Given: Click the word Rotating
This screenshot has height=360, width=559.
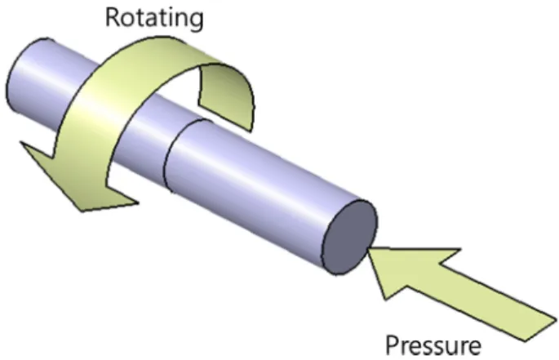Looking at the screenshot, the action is pyautogui.click(x=154, y=18).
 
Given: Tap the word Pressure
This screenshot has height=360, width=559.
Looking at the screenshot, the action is pyautogui.click(x=433, y=344).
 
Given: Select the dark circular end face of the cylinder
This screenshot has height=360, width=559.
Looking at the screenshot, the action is pyautogui.click(x=350, y=238).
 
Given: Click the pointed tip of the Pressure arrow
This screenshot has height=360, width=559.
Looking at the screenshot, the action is pyautogui.click(x=367, y=249).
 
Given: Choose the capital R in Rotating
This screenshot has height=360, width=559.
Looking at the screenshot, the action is pyautogui.click(x=113, y=17).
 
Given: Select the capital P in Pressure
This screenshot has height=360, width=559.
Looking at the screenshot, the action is pyautogui.click(x=393, y=344).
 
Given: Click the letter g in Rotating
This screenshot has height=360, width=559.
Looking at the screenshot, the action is pyautogui.click(x=196, y=21).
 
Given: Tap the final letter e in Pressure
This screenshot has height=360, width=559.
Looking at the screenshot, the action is pyautogui.click(x=474, y=347).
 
